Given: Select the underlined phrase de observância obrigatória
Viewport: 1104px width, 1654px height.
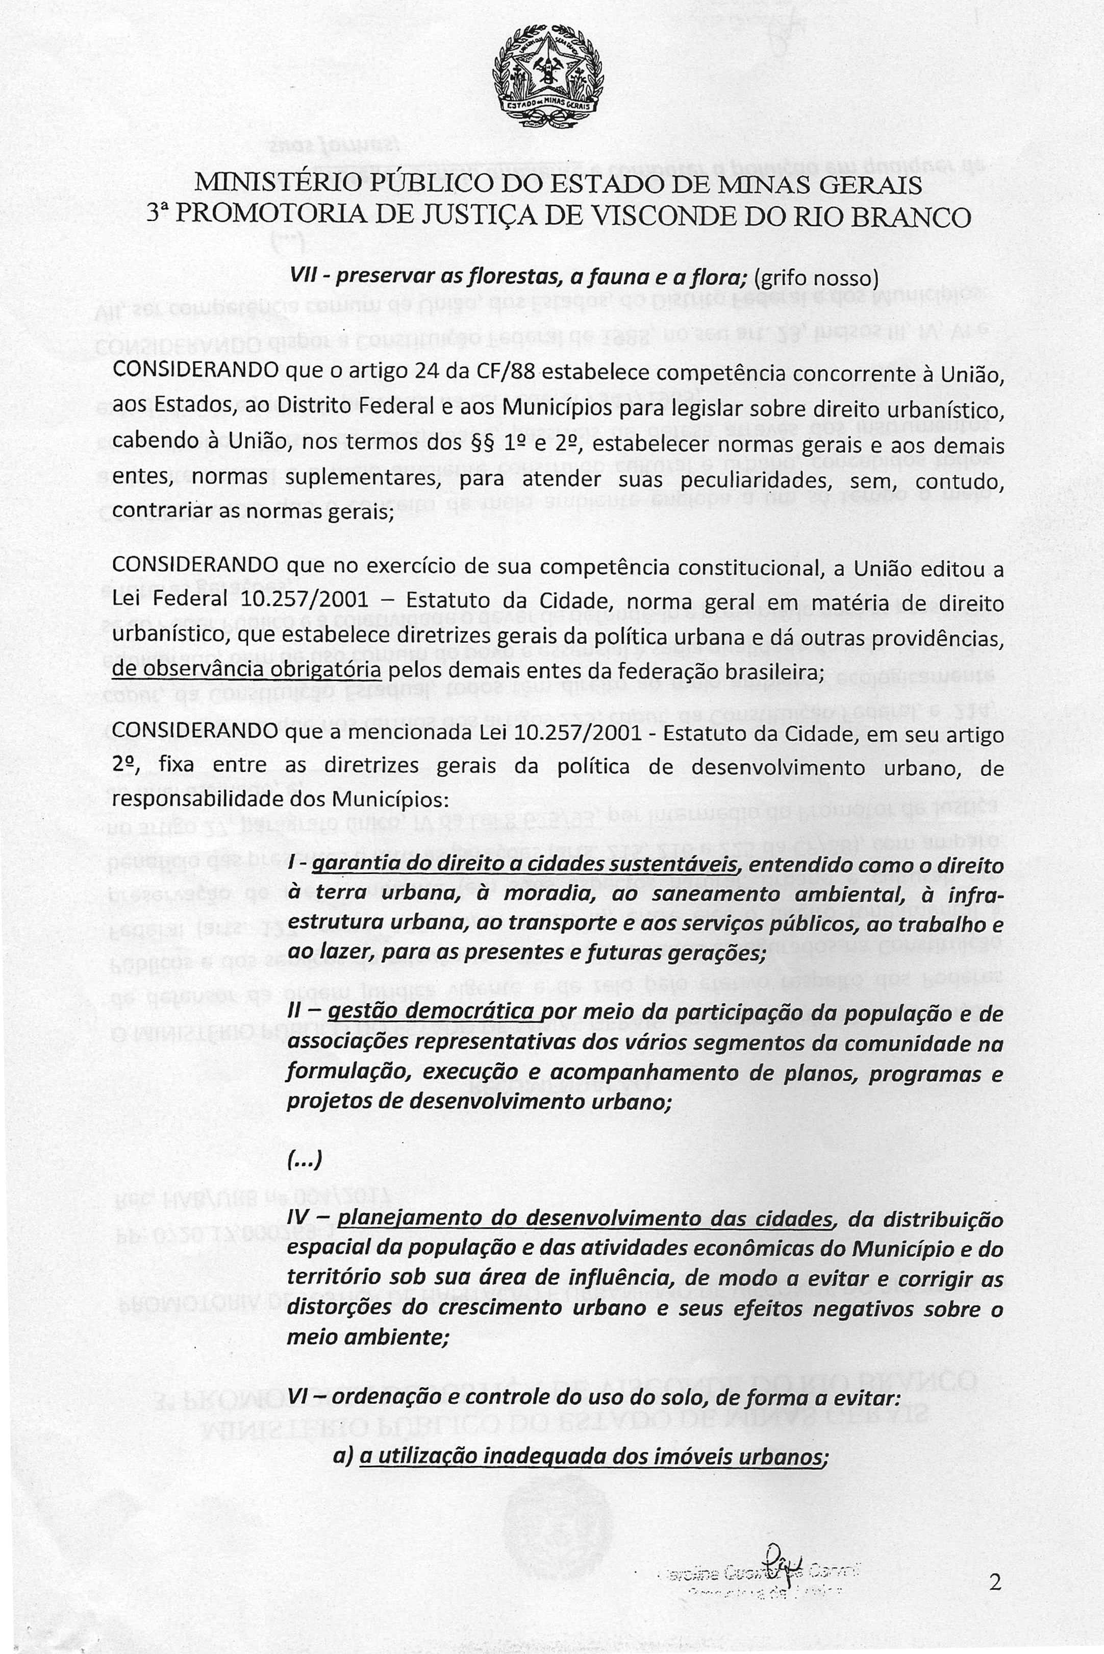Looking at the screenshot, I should [246, 669].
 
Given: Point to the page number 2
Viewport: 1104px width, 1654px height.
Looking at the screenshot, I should [995, 1563].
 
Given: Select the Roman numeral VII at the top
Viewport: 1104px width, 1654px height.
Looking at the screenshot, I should [304, 279].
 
